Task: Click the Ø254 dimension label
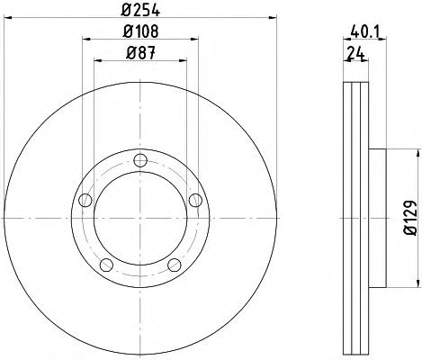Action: point(140,10)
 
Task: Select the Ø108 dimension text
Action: point(140,31)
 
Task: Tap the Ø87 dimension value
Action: point(140,53)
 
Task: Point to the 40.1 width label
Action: point(365,31)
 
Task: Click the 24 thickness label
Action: point(356,54)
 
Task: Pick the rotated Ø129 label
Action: point(410,218)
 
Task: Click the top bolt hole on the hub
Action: point(140,160)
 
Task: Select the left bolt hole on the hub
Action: point(85,200)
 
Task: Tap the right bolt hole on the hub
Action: point(195,200)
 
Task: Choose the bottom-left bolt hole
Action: point(106,265)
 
